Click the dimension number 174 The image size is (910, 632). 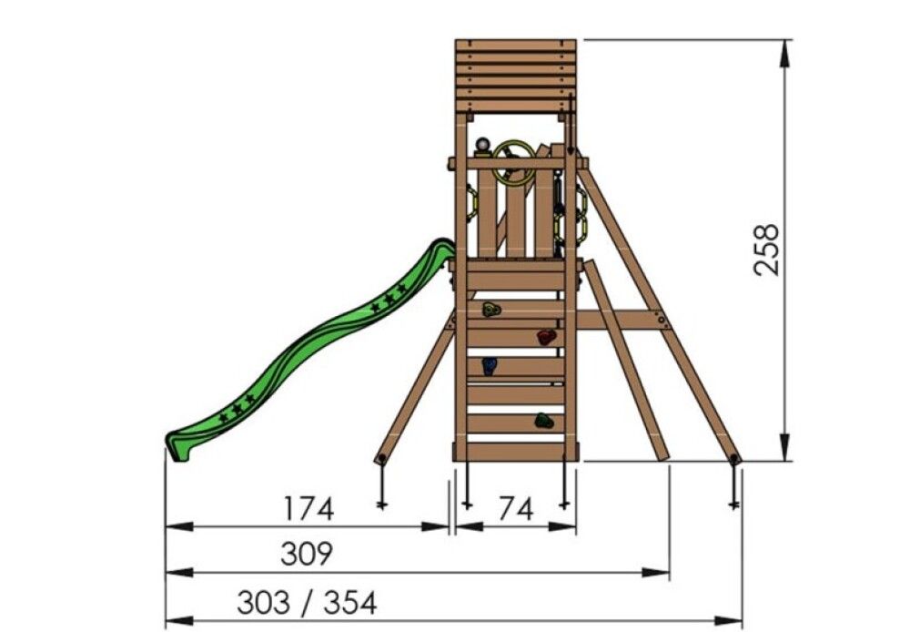click(x=308, y=508)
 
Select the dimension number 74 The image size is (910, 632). click(x=515, y=508)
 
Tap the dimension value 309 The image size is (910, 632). click(x=307, y=554)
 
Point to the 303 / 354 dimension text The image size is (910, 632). click(x=307, y=602)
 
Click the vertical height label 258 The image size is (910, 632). click(x=766, y=249)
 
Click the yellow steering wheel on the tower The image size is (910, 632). click(x=514, y=162)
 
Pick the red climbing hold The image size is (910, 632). click(x=545, y=338)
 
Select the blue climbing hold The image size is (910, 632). click(x=490, y=366)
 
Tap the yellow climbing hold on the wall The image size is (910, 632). click(x=491, y=311)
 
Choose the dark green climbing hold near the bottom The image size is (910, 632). click(x=543, y=420)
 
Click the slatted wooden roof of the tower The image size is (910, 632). click(x=515, y=75)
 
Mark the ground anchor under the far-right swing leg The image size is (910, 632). click(x=733, y=483)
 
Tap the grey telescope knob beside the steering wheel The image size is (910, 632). click(x=482, y=145)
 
